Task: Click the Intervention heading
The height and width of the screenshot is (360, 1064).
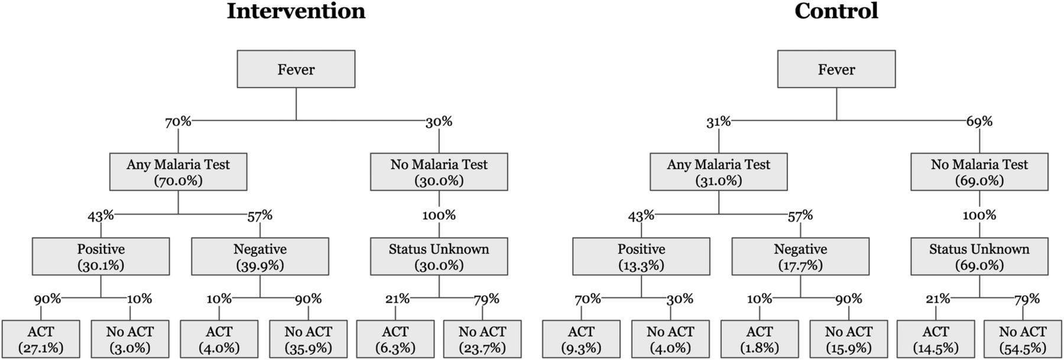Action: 296,11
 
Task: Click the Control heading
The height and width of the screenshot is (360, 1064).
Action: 836,11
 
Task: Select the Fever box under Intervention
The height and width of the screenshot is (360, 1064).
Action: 296,69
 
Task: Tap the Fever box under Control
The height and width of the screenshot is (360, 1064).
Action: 836,69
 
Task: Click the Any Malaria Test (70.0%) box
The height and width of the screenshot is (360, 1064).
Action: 179,172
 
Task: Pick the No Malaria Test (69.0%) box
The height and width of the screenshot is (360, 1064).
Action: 979,172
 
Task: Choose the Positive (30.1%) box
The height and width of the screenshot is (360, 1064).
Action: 101,257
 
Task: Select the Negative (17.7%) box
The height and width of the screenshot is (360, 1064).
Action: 800,257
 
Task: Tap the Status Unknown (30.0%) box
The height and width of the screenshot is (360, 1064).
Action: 439,257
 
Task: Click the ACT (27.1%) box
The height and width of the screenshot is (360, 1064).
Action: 41,339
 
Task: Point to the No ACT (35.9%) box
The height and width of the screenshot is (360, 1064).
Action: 309,339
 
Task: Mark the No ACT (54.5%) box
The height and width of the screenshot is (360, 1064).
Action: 1023,339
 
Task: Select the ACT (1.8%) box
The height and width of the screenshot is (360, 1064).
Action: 760,339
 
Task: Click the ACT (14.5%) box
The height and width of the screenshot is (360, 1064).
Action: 936,339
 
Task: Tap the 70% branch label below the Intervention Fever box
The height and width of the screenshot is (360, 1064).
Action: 178,122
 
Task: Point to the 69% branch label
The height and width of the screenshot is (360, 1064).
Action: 979,122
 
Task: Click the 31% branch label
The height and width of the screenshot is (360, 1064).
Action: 719,122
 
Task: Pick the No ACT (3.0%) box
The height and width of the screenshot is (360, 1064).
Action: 130,339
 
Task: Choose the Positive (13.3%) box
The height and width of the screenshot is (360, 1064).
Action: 641,257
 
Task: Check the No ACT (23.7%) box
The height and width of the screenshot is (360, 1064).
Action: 482,339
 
